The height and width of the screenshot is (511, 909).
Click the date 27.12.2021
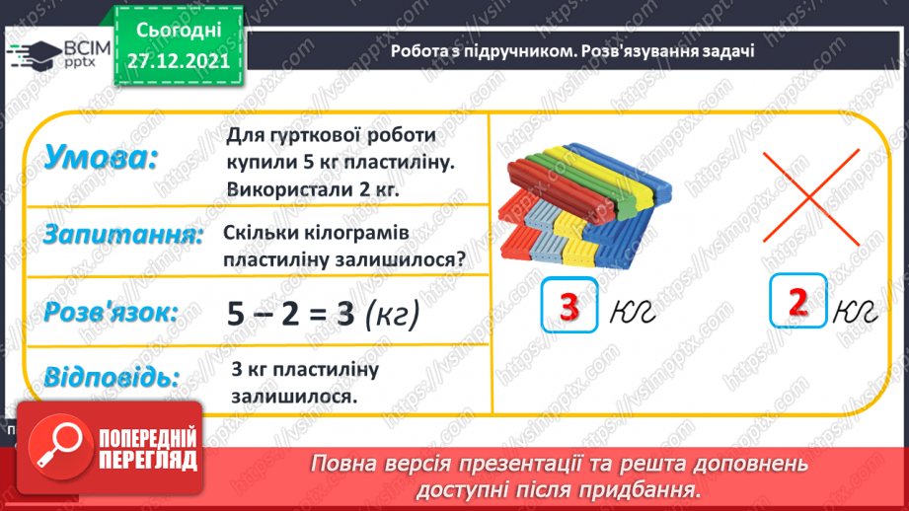pos(179,60)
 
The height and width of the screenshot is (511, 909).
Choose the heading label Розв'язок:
pos(111,313)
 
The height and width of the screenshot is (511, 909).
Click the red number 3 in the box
pos(569,306)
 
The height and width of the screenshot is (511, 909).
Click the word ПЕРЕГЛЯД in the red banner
pos(145,460)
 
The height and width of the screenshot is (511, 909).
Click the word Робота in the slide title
pos(418,52)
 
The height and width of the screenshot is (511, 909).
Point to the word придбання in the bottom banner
pos(647,489)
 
